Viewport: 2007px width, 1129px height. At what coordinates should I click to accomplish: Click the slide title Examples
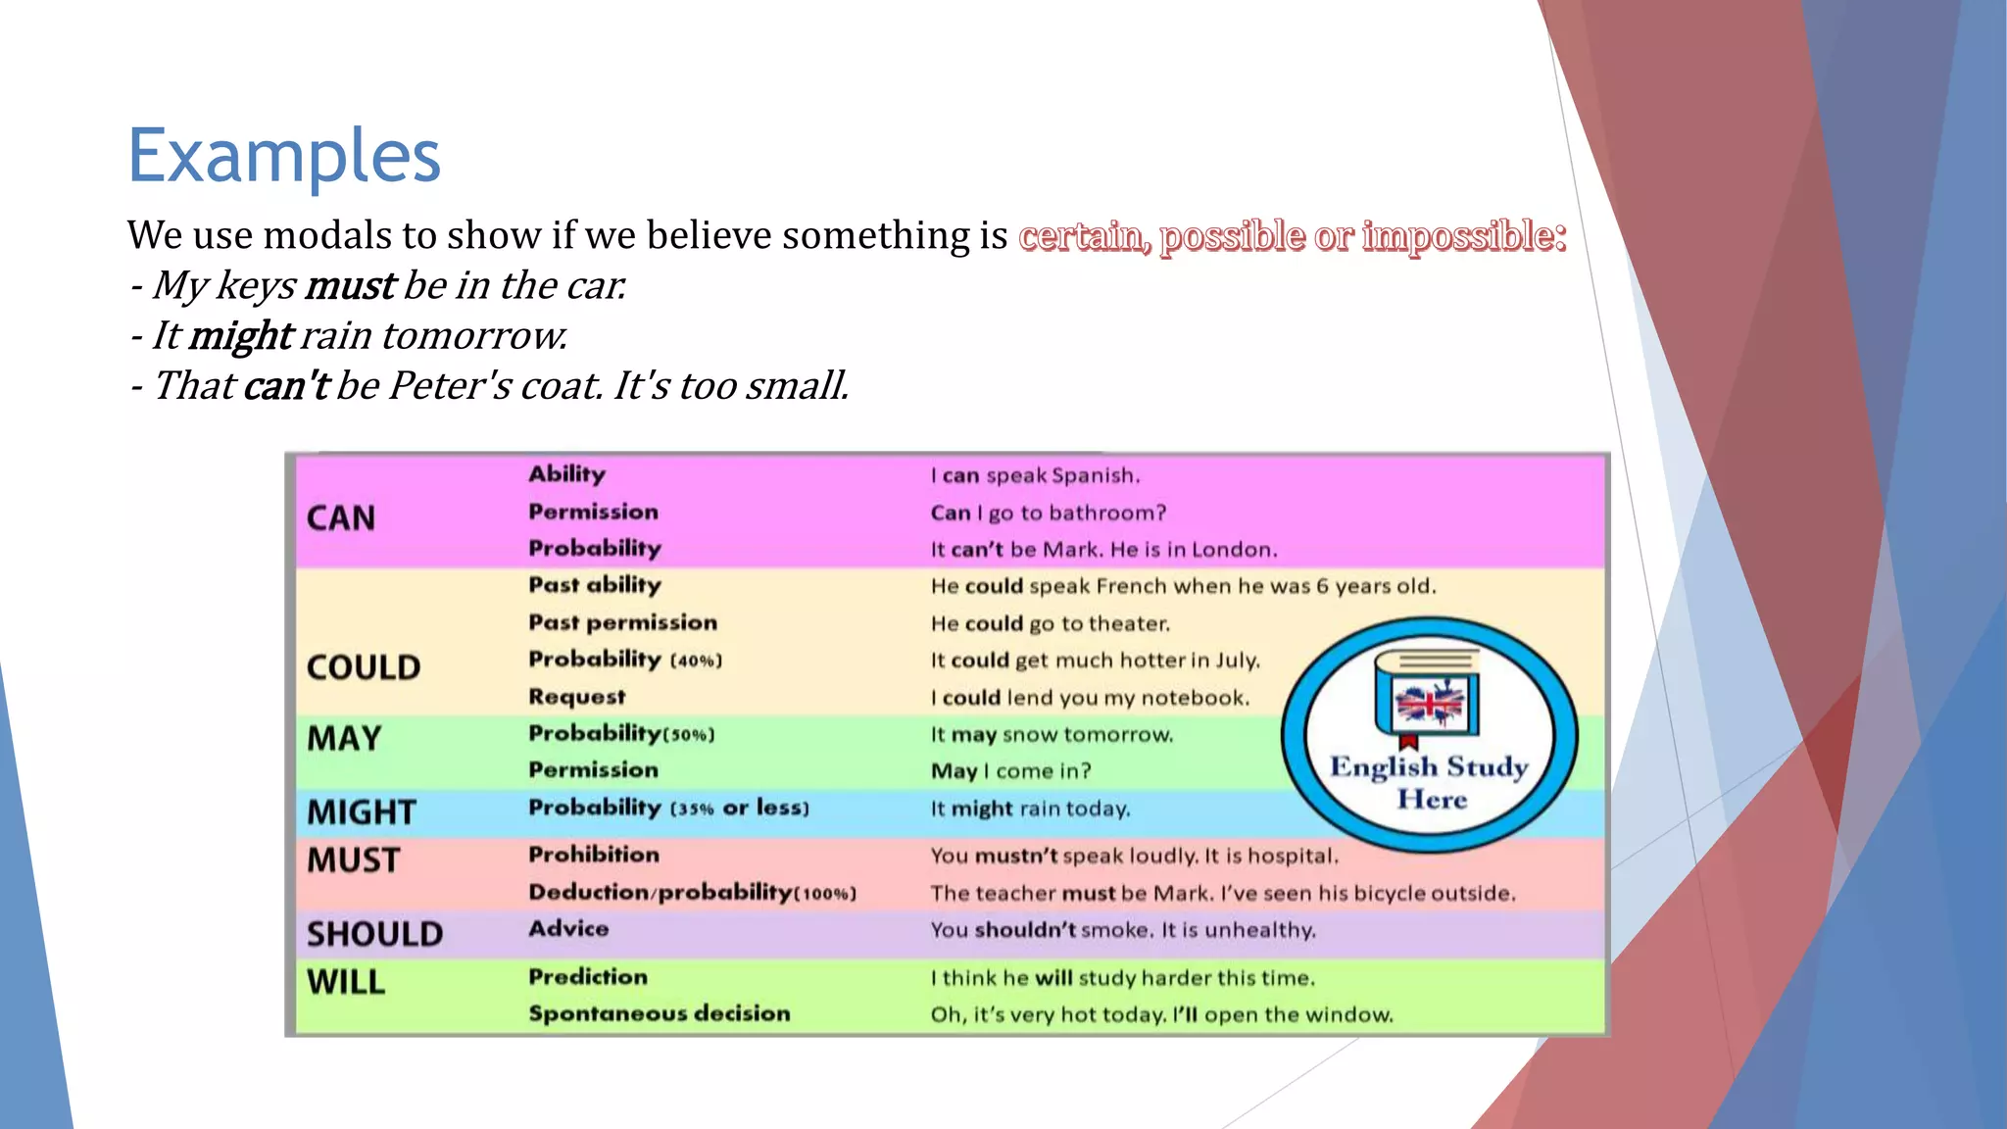point(284,157)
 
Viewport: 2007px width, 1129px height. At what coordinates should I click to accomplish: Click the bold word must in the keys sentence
point(350,286)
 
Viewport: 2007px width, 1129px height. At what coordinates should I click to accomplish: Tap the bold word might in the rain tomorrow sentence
point(240,336)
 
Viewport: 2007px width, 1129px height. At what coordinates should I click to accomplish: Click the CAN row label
point(341,518)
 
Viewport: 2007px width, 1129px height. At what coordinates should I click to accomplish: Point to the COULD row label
point(364,668)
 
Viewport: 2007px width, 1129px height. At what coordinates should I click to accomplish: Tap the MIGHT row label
point(362,812)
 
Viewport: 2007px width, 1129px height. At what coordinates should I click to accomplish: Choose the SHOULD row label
point(374,934)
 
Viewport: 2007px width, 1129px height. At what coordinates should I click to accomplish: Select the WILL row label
point(346,982)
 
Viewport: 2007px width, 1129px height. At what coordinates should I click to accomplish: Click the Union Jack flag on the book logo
point(1429,704)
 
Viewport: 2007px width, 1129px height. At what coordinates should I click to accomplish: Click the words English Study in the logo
point(1429,766)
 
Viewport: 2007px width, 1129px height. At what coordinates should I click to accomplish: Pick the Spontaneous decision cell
point(660,1013)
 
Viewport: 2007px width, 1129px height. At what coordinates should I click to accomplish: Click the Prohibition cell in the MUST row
point(594,855)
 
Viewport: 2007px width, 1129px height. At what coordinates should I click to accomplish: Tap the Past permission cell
point(623,622)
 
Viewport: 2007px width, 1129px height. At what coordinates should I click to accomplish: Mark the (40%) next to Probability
point(696,662)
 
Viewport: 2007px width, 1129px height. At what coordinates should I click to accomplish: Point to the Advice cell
point(568,929)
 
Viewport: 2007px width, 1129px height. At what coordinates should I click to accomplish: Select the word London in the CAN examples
point(1234,550)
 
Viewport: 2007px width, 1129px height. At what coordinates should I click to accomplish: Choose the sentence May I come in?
point(1010,771)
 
